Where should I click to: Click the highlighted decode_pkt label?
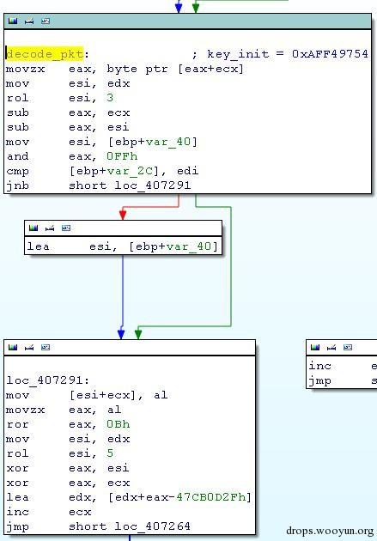click(46, 54)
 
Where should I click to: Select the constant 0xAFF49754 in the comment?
click(330, 54)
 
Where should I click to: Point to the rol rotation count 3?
click(110, 98)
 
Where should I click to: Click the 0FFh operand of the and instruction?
click(122, 156)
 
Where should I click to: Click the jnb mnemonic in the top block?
click(18, 185)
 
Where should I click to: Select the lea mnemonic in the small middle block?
click(39, 246)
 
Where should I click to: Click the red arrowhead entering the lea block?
click(123, 215)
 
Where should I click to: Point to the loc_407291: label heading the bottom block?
click(48, 380)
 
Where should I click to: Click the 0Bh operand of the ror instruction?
click(119, 424)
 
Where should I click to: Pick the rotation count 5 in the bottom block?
click(110, 453)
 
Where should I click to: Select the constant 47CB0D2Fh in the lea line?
click(210, 497)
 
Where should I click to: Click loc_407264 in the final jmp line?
click(152, 526)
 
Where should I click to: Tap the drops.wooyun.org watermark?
click(330, 531)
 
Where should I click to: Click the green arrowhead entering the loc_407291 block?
click(138, 335)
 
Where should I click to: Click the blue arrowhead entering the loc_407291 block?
click(121, 335)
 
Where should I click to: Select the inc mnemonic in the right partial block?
click(319, 366)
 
